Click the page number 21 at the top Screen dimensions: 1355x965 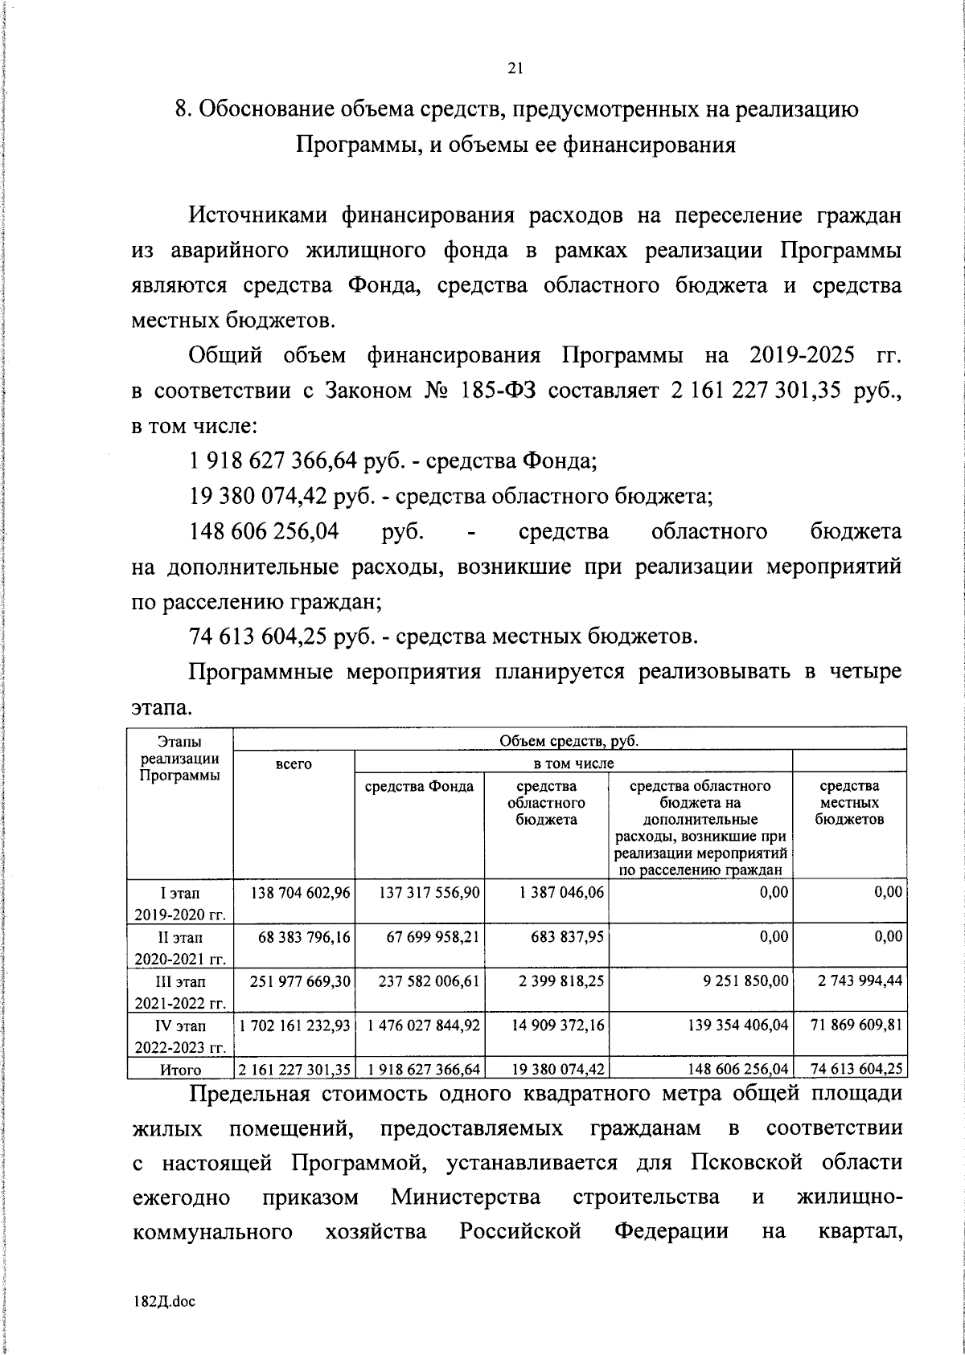click(x=515, y=69)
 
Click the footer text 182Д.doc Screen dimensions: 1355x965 click(x=165, y=1301)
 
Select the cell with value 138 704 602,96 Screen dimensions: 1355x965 click(x=293, y=892)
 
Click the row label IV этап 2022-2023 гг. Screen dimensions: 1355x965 click(x=179, y=1035)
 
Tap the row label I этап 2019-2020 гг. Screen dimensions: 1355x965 click(x=179, y=903)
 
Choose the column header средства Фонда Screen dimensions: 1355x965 click(x=419, y=786)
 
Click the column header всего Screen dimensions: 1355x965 click(x=293, y=763)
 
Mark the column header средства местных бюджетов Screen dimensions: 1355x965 click(x=849, y=802)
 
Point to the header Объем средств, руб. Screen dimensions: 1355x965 click(x=569, y=740)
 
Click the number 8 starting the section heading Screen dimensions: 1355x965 click(x=181, y=110)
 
